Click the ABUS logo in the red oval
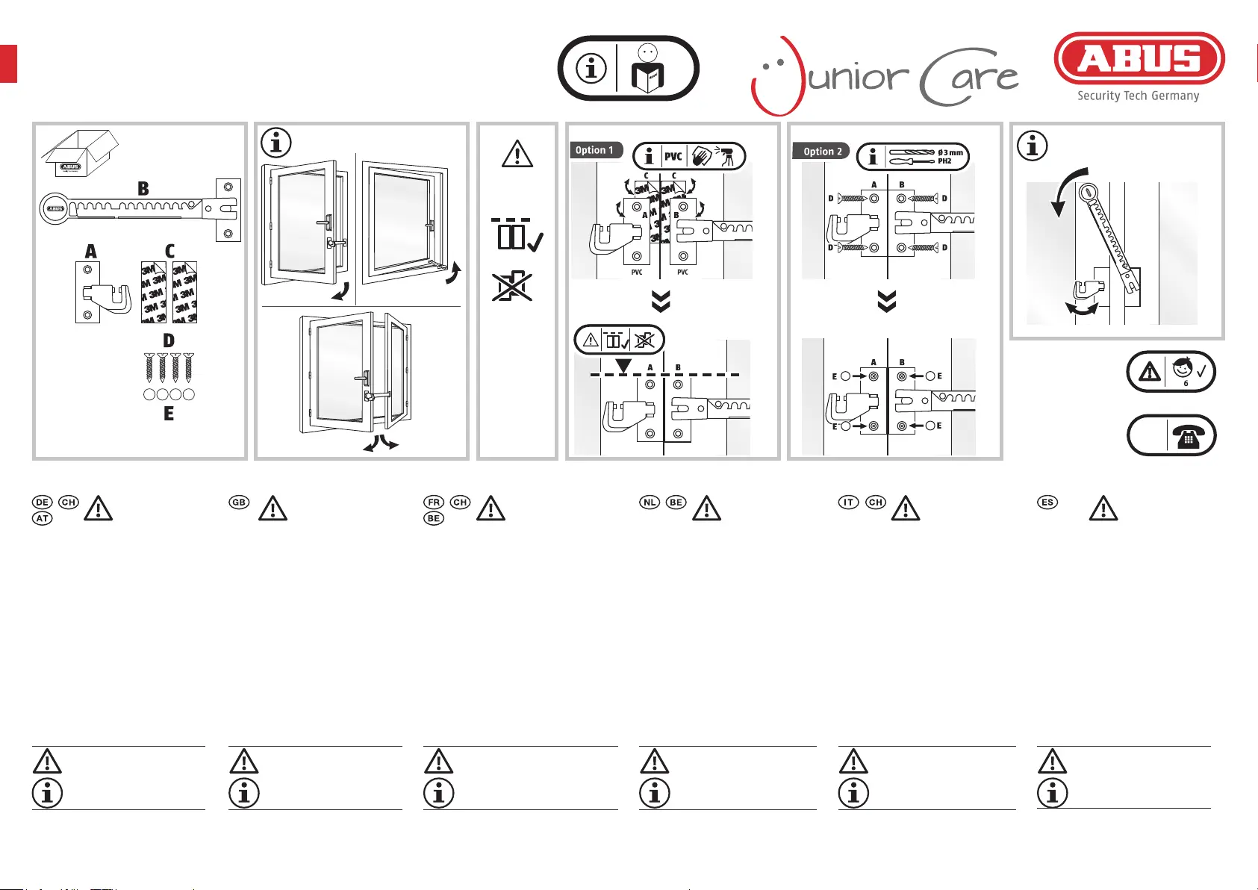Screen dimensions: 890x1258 point(1139,58)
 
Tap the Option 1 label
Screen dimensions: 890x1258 point(594,150)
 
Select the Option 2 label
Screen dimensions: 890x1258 point(822,151)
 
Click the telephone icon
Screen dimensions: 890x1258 point(1187,436)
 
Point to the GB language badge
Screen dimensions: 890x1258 point(239,502)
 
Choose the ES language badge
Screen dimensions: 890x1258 point(1047,502)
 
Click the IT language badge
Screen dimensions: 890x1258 point(849,502)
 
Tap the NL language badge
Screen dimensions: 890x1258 point(650,502)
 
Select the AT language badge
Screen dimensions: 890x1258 point(43,518)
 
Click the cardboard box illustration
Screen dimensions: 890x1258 point(78,154)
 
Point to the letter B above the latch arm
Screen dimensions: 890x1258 point(143,189)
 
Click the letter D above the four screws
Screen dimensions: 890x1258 point(169,341)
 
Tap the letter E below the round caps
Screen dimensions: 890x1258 point(169,414)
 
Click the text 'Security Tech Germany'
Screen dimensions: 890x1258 point(1138,96)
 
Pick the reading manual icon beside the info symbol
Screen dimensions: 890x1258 point(647,68)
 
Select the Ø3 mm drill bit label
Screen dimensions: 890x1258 point(950,152)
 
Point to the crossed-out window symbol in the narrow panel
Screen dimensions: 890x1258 point(512,287)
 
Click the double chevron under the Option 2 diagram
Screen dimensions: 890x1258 point(886,302)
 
